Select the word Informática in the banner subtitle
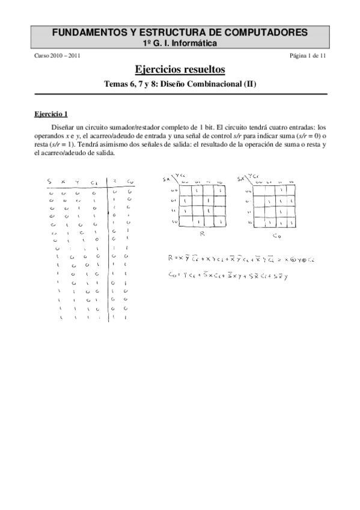197,43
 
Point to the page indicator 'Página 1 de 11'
308,56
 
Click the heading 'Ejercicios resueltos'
180,70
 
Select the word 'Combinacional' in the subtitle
216,84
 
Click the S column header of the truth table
49,182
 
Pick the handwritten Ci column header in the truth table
93,182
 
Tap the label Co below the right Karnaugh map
275,236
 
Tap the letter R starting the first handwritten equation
171,259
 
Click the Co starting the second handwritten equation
172,276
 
